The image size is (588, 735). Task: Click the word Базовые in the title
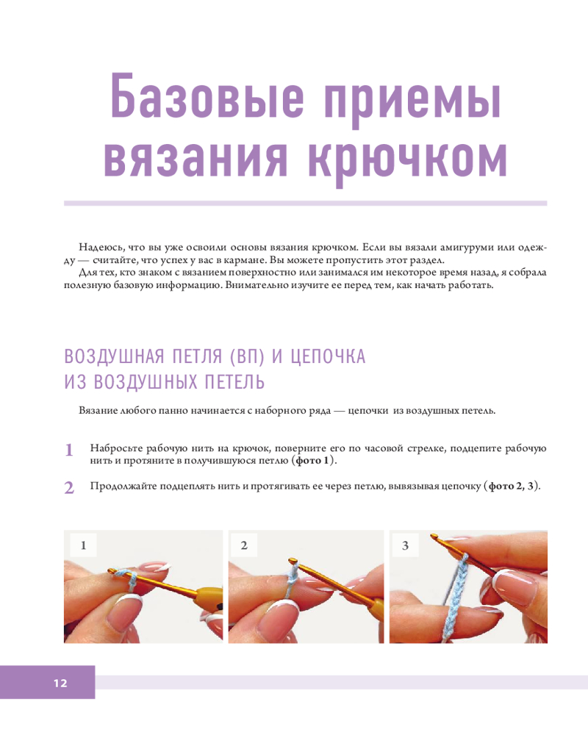coord(208,96)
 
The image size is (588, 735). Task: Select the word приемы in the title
coord(413,100)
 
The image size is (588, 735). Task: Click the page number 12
coord(60,683)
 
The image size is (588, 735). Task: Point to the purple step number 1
coord(69,450)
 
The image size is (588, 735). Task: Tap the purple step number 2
coord(69,487)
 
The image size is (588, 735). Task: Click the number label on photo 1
coord(84,545)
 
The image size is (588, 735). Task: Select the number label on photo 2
coord(244,545)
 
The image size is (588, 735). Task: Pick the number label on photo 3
coord(405,545)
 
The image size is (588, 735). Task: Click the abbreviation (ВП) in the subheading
coord(247,356)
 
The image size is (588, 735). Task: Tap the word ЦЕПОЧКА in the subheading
coord(328,356)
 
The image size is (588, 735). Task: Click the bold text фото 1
coord(312,460)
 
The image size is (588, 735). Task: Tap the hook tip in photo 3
coord(434,536)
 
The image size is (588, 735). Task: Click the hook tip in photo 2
coord(293,560)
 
